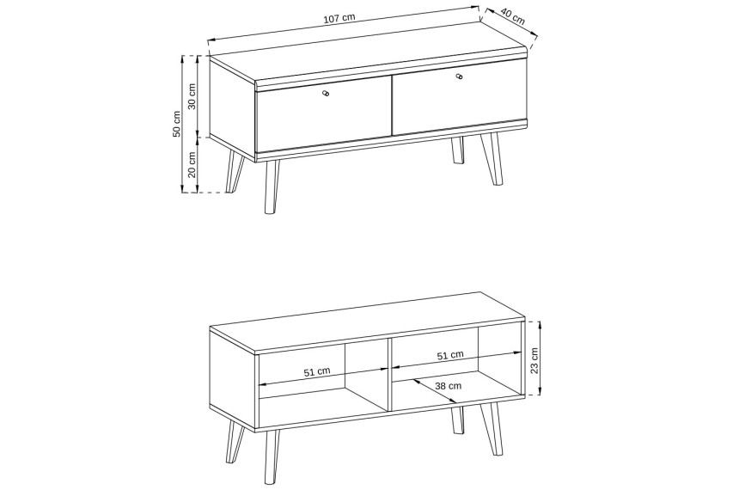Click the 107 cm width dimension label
(x=339, y=18)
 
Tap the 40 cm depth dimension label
(x=512, y=17)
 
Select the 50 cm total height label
(x=177, y=124)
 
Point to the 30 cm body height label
(x=192, y=96)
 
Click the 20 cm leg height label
(x=192, y=165)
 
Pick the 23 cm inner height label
(x=534, y=361)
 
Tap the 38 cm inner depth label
(x=449, y=386)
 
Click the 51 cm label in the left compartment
(x=317, y=371)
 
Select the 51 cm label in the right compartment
(x=450, y=355)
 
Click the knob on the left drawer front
(x=325, y=94)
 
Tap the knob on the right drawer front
(x=459, y=77)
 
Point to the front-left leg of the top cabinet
(x=271, y=187)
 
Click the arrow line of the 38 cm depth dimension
(x=435, y=391)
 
